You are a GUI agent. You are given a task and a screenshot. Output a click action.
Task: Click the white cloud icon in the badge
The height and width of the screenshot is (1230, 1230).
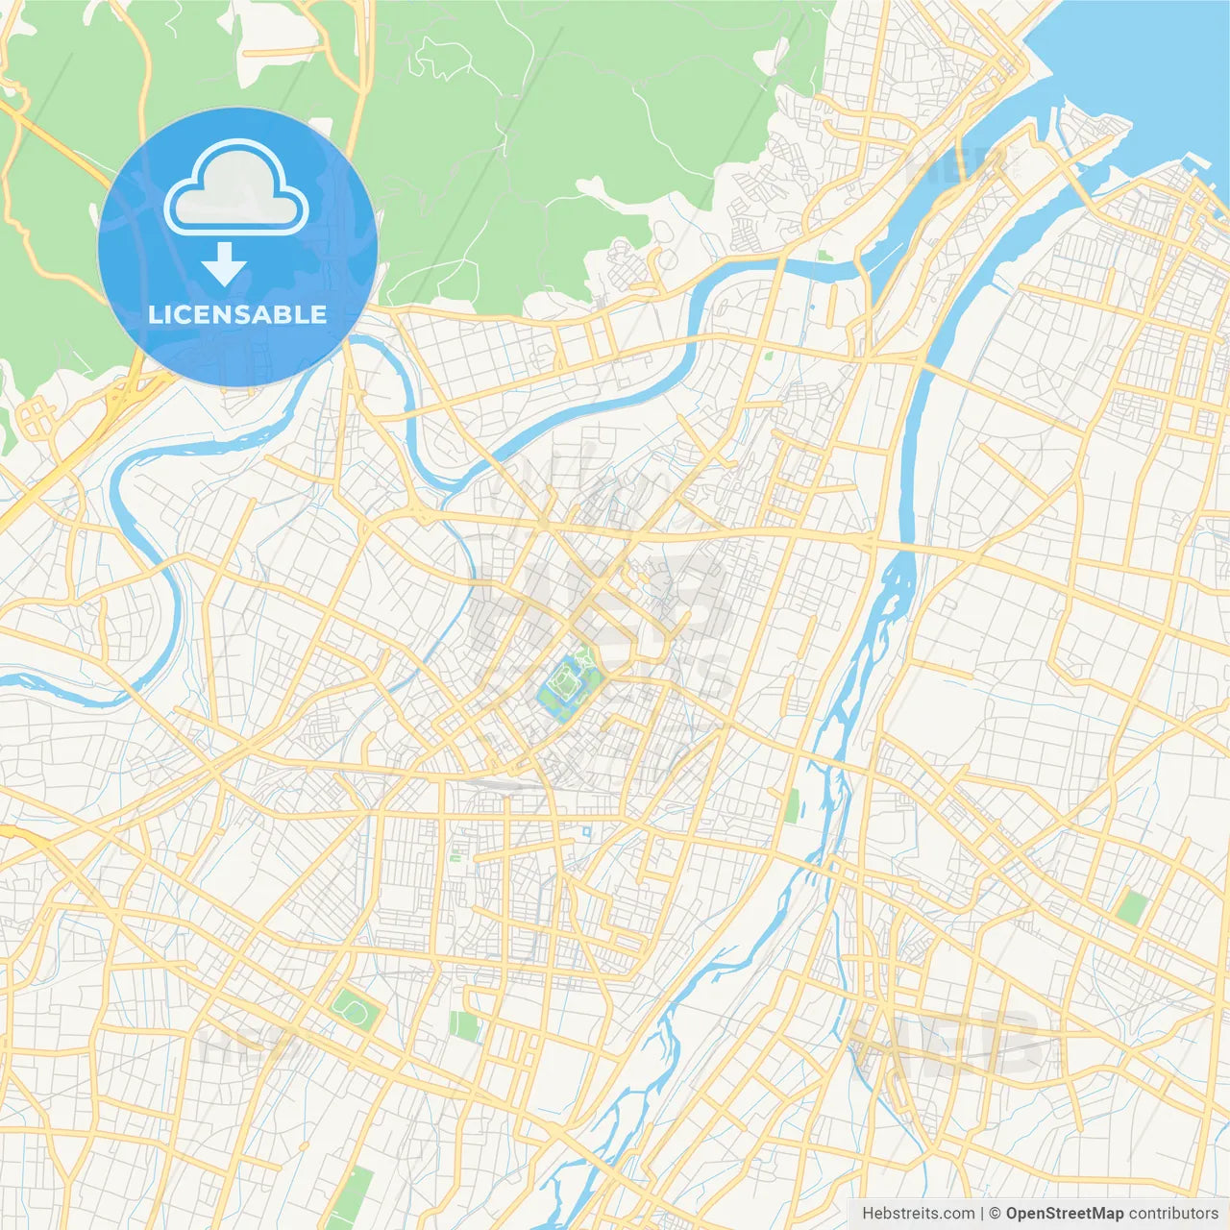point(236,187)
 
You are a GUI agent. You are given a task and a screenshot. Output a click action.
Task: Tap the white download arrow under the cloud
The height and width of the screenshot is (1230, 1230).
point(224,264)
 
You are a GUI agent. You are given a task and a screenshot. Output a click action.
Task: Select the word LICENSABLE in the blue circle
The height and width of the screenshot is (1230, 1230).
point(237,314)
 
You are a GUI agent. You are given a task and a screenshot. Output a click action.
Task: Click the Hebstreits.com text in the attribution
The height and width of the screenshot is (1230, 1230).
point(918,1214)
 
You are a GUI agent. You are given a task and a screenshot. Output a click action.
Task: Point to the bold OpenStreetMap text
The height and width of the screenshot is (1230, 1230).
point(1064,1214)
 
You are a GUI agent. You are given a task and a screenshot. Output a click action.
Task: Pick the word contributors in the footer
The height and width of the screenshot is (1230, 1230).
point(1172,1214)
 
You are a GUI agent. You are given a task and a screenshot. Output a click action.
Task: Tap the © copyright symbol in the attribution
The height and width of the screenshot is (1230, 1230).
point(996,1214)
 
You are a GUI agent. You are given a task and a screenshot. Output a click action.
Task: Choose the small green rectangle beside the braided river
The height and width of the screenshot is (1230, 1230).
point(792,806)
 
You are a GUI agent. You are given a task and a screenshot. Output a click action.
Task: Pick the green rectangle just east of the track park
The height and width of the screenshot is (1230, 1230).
point(465,1025)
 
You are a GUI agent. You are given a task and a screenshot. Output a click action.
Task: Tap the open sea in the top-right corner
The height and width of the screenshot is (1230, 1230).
point(1153,58)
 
